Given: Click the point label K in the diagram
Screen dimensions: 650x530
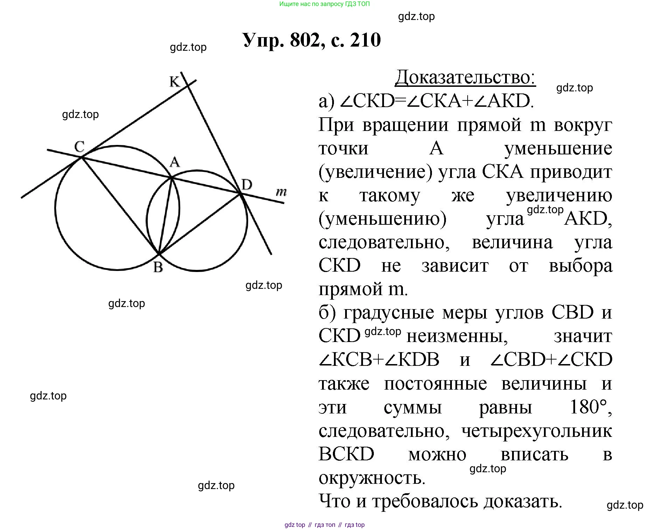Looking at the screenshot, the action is tap(174, 82).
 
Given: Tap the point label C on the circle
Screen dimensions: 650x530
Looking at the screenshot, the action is tap(79, 146).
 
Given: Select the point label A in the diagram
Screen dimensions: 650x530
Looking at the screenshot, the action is tap(175, 162).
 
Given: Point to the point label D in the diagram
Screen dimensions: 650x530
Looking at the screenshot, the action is tap(247, 184).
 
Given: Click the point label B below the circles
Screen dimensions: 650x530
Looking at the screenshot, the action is tap(158, 267).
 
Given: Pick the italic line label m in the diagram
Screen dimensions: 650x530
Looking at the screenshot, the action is tap(281, 192).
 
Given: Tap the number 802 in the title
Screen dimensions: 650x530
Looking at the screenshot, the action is tap(305, 40).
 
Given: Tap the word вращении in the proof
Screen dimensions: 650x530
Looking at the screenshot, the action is tap(405, 125).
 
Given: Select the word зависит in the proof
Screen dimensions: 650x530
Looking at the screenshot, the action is tap(455, 266).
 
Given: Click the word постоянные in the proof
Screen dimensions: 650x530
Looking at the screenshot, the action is tap(435, 384).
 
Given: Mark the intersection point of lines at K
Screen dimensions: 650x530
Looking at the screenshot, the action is tap(188, 85).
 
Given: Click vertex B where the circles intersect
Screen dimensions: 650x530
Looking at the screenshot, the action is tap(159, 253).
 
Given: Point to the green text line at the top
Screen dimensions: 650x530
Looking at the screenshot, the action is tap(324, 4).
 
